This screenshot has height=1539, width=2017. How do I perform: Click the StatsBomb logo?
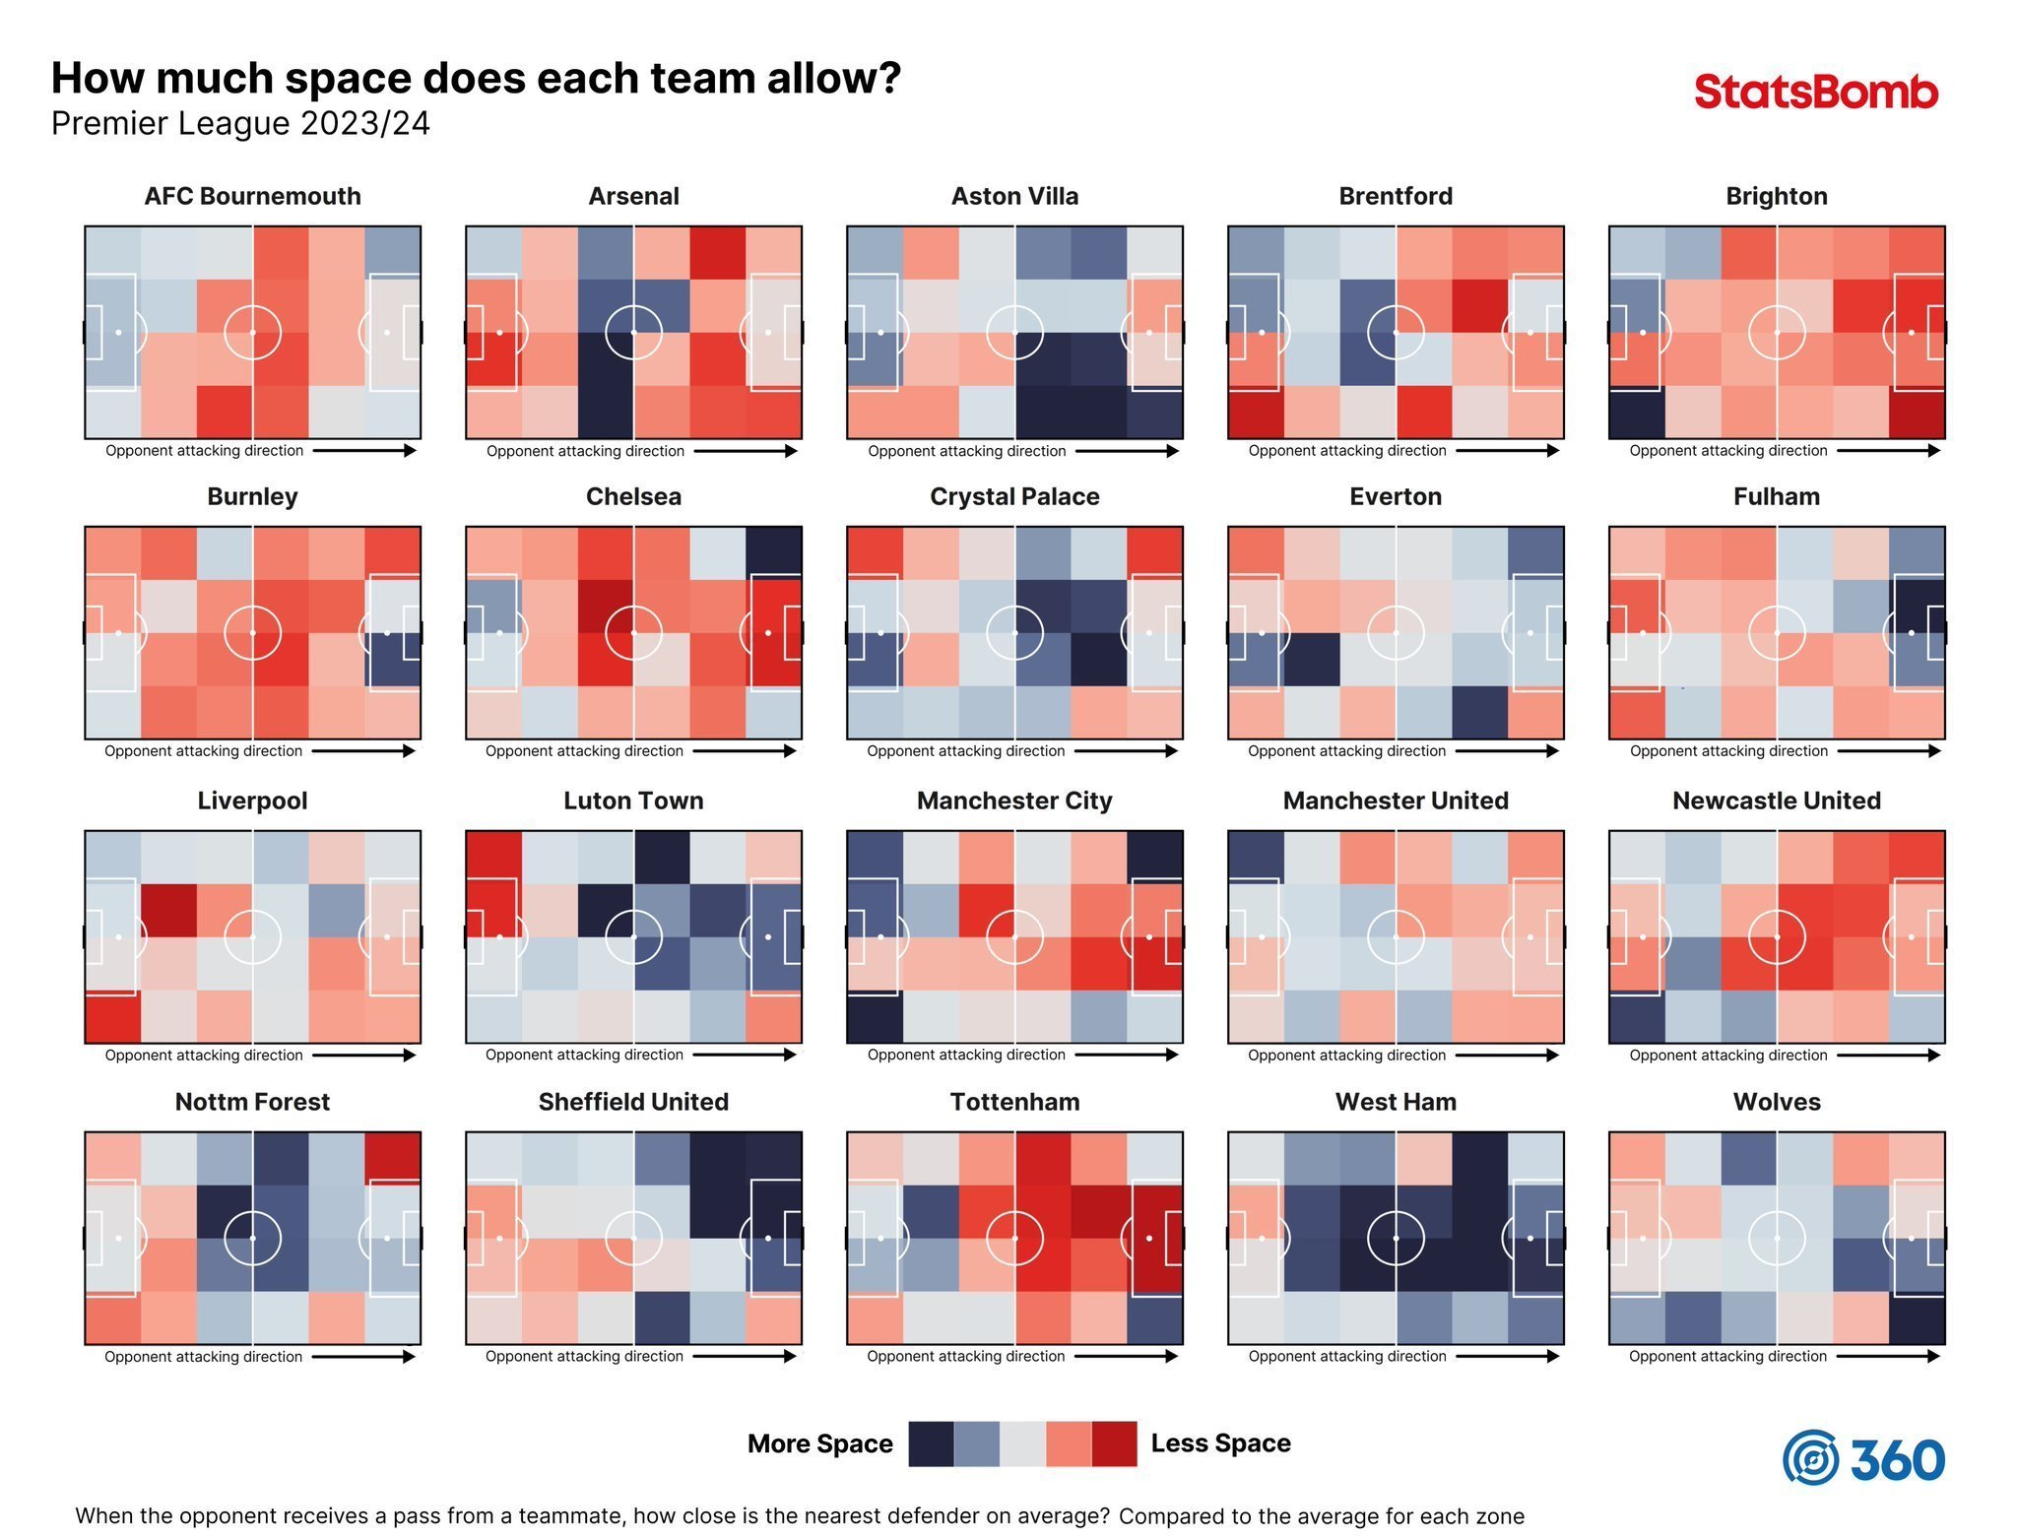click(x=1815, y=92)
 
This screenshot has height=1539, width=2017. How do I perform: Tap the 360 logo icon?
click(x=1810, y=1457)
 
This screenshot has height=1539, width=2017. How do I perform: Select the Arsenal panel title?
click(x=633, y=196)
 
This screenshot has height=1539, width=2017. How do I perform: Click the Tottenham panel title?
click(x=1014, y=1102)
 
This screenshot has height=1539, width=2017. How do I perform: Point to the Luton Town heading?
click(x=633, y=801)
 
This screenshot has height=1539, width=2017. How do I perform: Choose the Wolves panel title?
click(x=1777, y=1102)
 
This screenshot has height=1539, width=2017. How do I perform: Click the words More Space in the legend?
click(x=819, y=1443)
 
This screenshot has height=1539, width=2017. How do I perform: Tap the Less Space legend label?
click(x=1220, y=1443)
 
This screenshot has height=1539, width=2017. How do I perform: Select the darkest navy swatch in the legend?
click(x=931, y=1443)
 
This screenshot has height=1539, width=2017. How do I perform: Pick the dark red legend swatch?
click(x=1114, y=1443)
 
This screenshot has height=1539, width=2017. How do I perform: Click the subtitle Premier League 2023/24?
click(x=240, y=124)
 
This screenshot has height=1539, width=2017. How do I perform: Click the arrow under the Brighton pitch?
click(x=1888, y=451)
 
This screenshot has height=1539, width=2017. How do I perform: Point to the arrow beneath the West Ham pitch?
click(x=1507, y=1356)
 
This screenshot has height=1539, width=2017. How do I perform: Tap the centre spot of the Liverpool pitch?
click(x=253, y=936)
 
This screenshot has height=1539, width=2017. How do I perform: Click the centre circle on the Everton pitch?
click(x=1396, y=633)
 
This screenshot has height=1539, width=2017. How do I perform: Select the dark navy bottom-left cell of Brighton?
click(x=1637, y=414)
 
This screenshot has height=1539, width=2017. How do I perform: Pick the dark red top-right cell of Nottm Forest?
click(x=392, y=1158)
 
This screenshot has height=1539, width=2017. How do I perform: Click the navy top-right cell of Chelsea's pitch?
click(x=773, y=552)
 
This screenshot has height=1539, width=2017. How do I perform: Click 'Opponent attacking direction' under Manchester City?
click(x=966, y=1055)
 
